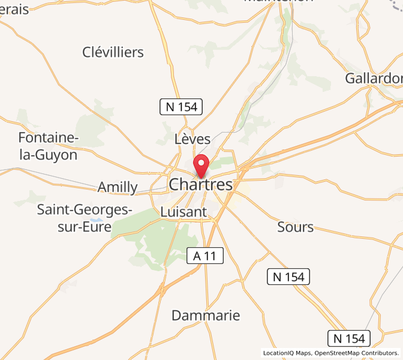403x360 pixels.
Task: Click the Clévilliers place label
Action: (113, 52)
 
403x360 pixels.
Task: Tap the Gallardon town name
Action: (374, 78)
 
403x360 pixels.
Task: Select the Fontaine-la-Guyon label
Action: (48, 146)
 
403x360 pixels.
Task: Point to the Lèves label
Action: (193, 139)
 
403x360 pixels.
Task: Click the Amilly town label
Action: (118, 187)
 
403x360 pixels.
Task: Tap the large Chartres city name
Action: (200, 184)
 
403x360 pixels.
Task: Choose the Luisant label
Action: (184, 212)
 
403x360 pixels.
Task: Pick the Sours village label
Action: (296, 227)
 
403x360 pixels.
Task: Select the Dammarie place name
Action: (206, 316)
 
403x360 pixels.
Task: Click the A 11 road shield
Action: (205, 256)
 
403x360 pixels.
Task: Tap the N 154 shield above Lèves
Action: (181, 107)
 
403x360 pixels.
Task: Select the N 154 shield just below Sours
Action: (288, 277)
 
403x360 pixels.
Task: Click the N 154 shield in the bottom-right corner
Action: (349, 338)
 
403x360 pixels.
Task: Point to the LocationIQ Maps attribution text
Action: (287, 353)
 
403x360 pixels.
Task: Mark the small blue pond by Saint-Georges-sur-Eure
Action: (97, 220)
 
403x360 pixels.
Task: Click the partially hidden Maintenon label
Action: (278, 2)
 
